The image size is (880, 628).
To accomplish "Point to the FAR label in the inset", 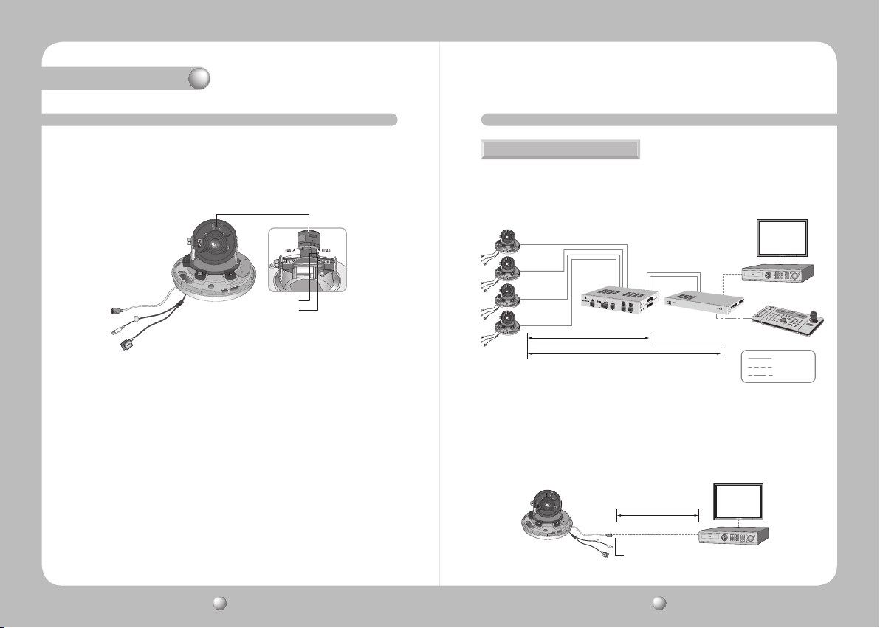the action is (x=289, y=251).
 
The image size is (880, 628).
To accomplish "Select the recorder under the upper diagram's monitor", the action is (x=777, y=273).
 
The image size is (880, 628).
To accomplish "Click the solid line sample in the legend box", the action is (x=760, y=358).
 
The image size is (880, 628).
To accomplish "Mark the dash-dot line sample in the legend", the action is (x=760, y=376).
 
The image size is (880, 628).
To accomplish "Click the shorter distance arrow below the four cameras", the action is (x=588, y=339).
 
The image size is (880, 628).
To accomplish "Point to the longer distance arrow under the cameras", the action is (x=625, y=355).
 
